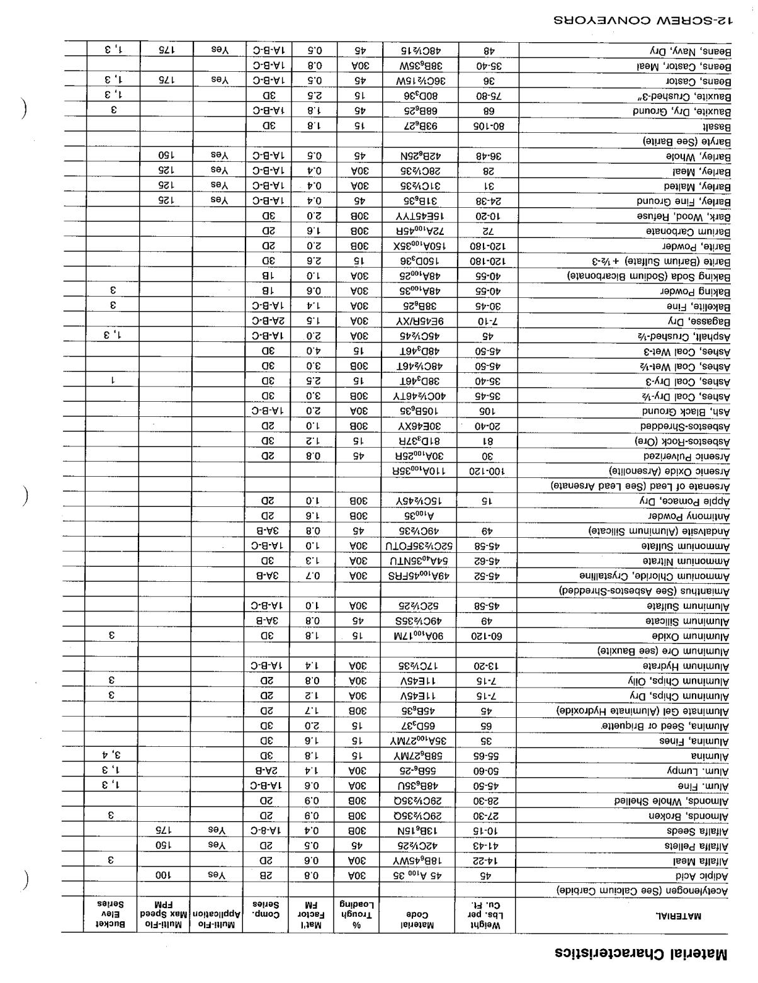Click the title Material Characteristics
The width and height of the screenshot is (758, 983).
pos(641,952)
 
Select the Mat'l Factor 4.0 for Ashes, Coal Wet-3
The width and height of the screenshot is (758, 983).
pos(313,351)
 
